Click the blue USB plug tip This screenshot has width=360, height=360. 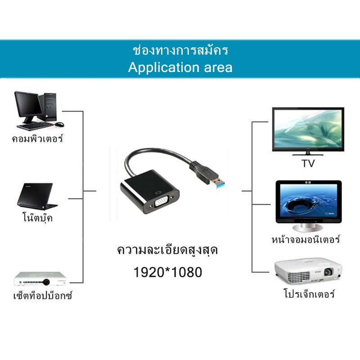click(x=220, y=184)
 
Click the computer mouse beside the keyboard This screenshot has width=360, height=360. click(x=59, y=124)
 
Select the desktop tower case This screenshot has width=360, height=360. click(x=48, y=107)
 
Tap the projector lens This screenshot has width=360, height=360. click(x=328, y=272)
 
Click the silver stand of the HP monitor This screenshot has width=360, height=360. click(x=308, y=227)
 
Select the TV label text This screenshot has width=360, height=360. click(x=308, y=163)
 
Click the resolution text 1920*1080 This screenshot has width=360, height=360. click(x=167, y=272)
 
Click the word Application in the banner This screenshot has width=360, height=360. click(x=164, y=68)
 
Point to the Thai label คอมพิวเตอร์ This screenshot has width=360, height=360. click(x=37, y=139)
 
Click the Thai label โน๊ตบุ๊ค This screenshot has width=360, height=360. click(x=38, y=217)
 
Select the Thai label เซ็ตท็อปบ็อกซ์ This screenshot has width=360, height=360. click(x=43, y=295)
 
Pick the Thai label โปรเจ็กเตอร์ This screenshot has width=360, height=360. click(x=309, y=293)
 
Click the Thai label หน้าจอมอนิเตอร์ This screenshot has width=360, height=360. click(x=306, y=239)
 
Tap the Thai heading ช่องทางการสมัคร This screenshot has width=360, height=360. click(x=180, y=50)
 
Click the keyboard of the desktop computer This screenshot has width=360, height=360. click(x=35, y=126)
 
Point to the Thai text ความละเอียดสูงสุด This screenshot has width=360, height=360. click(x=167, y=250)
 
